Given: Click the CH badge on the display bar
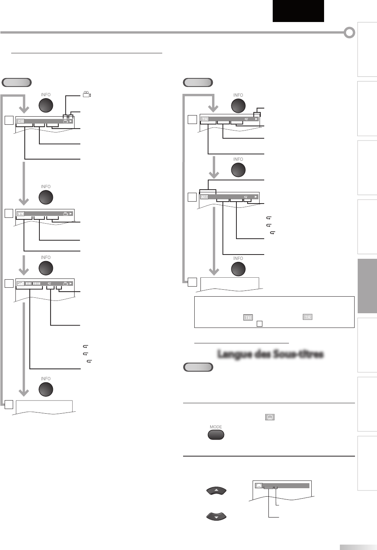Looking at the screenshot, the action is pos(20,121).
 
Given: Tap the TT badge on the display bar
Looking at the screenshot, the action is pos(20,214).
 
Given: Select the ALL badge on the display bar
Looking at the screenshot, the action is pos(204,197).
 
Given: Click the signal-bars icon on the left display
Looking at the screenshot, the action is pos(20,283).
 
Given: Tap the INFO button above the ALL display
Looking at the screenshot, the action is pos(238,170).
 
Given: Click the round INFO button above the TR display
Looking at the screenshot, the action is pos(238,105).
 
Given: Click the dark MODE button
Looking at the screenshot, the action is pos(216,435).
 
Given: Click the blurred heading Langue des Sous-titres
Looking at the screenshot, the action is pos(270,354).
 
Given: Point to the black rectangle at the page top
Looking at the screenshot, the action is pos(298,11).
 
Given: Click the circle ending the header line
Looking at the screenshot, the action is pos(349,33).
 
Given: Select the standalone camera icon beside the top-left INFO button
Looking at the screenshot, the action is pos(87,94).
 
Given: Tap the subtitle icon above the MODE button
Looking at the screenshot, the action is pos(270,417).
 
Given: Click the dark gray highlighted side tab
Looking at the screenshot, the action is pos(367,286).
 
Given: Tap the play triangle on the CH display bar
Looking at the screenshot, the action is pos(71,121).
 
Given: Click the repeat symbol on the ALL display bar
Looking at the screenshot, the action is pos(246,197).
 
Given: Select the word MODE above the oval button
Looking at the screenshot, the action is pos(216,427).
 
